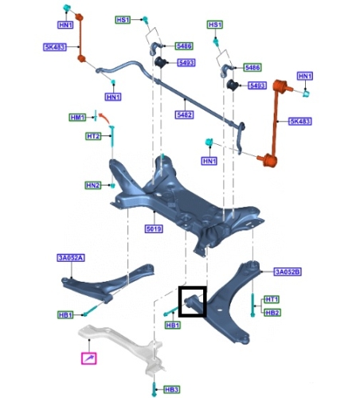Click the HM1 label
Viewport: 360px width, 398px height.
coord(77,117)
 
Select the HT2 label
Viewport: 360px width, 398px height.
coord(93,136)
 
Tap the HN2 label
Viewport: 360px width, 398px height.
coord(93,185)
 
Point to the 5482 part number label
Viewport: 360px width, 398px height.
coord(184,115)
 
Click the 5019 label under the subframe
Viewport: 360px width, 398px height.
coord(154,228)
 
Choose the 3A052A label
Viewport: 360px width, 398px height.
coord(71,258)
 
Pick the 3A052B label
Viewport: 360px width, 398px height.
coord(288,271)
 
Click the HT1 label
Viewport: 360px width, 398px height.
coord(272,299)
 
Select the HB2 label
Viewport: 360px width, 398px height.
coord(272,313)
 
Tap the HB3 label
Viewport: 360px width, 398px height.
coord(172,389)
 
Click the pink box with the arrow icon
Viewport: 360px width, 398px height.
coord(89,358)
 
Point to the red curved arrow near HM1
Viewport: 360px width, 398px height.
coord(104,118)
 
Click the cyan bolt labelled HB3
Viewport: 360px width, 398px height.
coord(154,389)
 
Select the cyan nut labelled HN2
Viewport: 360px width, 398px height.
coord(112,185)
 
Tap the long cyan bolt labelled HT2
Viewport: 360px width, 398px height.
coord(112,136)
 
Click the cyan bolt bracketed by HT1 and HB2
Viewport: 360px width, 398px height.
coord(252,305)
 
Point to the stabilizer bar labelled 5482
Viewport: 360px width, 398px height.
coord(170,89)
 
